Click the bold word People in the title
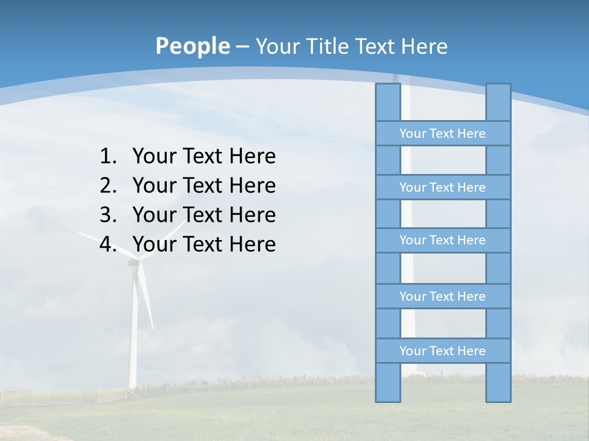tap(192, 46)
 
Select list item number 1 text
tap(204, 156)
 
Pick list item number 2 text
tap(204, 186)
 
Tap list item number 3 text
tap(204, 215)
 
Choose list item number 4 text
tap(204, 244)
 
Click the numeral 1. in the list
tap(108, 156)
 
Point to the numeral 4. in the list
tap(108, 244)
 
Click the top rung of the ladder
tap(442, 134)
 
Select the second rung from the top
tap(442, 187)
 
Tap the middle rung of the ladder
tap(442, 240)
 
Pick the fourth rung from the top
tap(442, 296)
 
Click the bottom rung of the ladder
tap(442, 351)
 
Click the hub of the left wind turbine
tap(134, 262)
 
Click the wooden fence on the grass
tap(110, 395)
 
